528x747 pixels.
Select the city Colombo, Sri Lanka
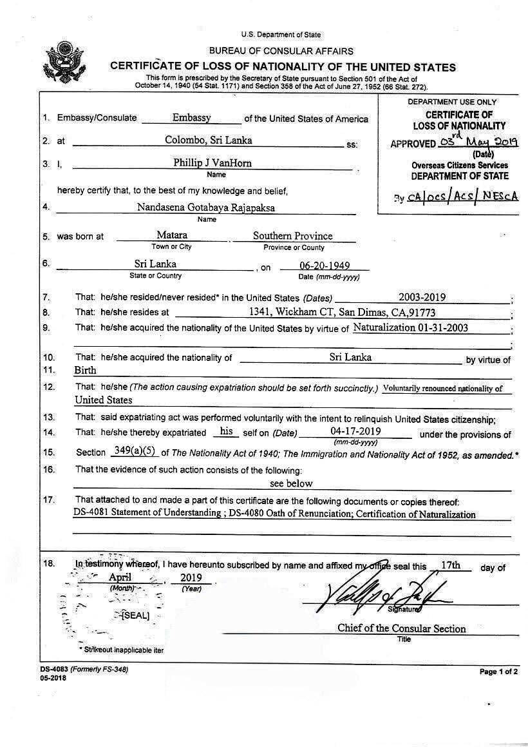[208, 140]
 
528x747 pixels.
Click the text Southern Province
[293, 236]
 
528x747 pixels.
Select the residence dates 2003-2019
[422, 297]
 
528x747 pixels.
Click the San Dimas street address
[342, 313]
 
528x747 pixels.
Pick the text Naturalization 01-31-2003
[410, 327]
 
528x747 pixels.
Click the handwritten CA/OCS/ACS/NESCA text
[462, 197]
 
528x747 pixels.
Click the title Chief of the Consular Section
[401, 628]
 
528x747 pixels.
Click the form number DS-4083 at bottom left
[55, 670]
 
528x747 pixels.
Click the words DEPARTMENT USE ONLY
[451, 102]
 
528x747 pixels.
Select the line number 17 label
[48, 500]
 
